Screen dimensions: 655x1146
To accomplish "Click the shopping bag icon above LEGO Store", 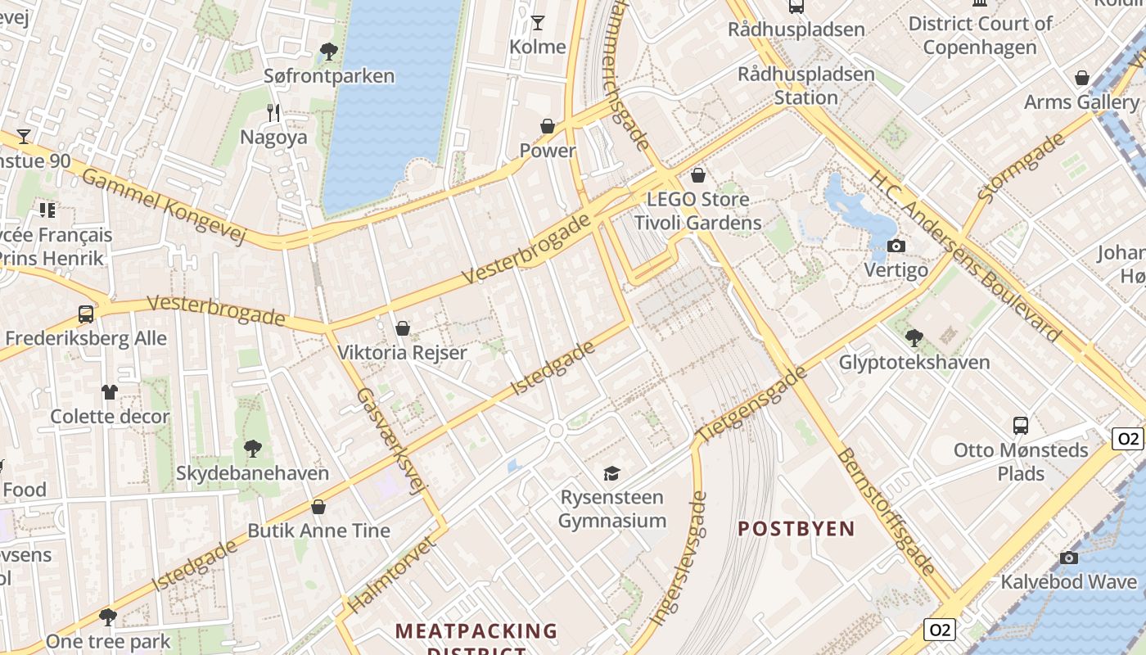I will click(x=698, y=175).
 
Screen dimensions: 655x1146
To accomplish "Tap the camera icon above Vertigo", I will click(x=896, y=246).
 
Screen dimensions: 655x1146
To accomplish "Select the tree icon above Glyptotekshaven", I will click(x=914, y=337).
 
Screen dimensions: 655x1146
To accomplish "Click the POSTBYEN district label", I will click(x=796, y=529).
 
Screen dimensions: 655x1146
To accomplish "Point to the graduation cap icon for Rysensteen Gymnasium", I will click(x=611, y=473).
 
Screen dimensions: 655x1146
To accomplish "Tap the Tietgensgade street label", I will click(x=751, y=405).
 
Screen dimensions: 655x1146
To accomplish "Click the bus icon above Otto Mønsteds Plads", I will click(x=1021, y=426).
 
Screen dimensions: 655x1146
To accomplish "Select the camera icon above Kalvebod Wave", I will click(x=1068, y=558).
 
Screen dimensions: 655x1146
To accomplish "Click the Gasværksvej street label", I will click(x=392, y=440).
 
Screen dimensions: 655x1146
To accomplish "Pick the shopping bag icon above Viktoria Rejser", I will click(x=402, y=329).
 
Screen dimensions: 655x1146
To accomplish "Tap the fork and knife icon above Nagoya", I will click(x=273, y=113).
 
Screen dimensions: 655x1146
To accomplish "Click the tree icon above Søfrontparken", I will click(x=329, y=52).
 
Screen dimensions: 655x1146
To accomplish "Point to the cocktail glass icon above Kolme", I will click(x=538, y=22).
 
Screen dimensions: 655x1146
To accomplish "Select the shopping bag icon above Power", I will click(x=548, y=126).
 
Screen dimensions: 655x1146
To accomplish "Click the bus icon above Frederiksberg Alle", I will click(x=85, y=314).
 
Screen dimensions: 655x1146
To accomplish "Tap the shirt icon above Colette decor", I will click(x=110, y=391).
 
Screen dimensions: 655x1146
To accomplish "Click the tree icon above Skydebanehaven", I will click(x=252, y=449).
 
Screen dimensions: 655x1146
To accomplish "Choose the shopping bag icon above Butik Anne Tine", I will click(x=318, y=507).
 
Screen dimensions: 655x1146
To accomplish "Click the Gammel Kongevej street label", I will click(x=164, y=206).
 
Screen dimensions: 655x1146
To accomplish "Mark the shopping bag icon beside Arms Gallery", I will click(x=1082, y=78).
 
